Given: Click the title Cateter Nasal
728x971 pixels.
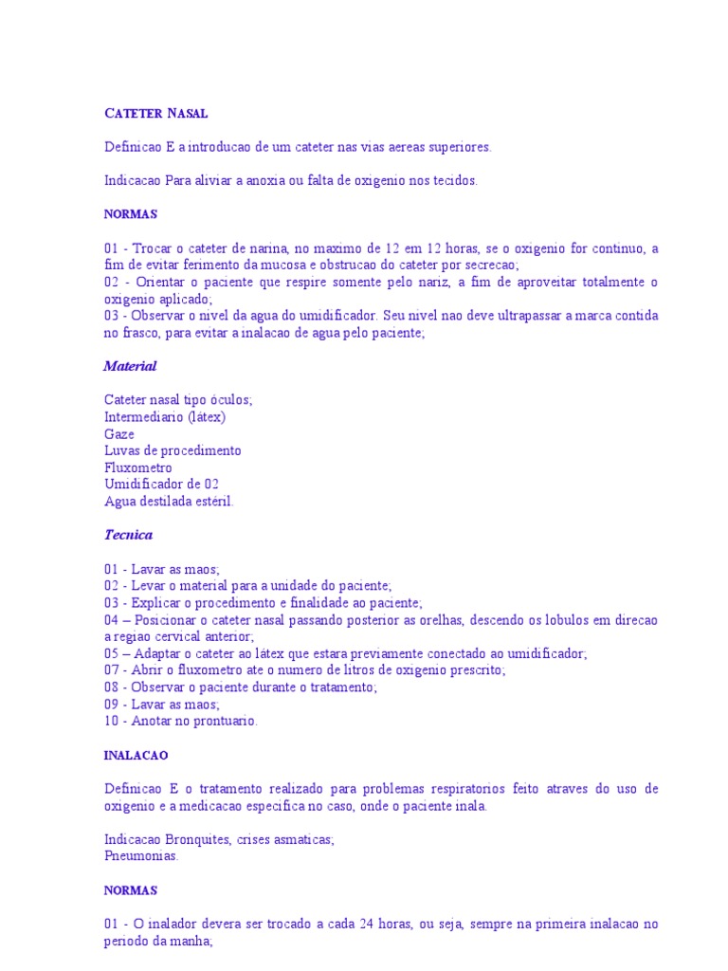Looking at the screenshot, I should pos(155,114).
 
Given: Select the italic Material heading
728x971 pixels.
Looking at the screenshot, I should pos(130,366).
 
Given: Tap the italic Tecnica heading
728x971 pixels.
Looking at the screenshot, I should pos(128,535).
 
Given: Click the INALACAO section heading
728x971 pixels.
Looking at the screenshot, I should pos(136,756).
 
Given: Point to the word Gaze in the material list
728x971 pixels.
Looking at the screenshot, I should pos(119,434).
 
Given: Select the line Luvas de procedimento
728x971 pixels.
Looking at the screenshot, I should pos(173,451).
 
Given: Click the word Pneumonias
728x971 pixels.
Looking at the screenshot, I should pos(141,856).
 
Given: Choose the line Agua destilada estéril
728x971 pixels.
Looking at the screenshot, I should pos(169,503).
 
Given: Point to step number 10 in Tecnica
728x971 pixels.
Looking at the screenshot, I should pos(112,722).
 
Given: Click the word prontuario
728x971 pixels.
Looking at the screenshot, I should pos(222,722).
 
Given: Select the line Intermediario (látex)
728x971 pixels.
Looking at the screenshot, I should pos(165,417).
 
